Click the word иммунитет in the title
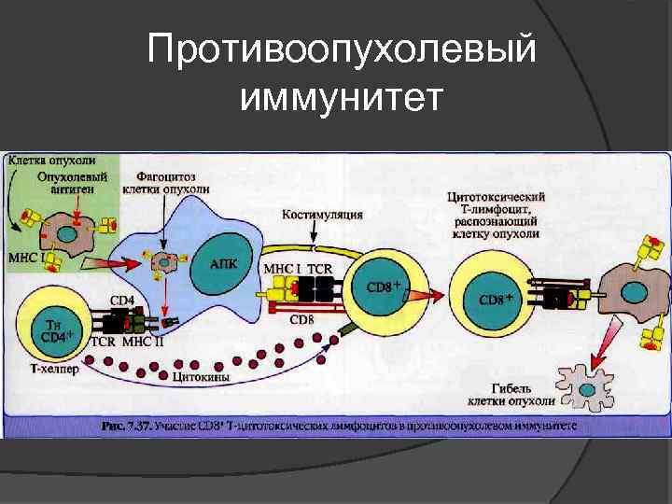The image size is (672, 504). click(x=342, y=95)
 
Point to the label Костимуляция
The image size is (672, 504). click(x=322, y=215)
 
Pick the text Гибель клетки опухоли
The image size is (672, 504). click(x=511, y=394)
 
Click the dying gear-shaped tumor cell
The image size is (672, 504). click(x=581, y=384)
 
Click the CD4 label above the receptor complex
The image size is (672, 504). click(x=122, y=301)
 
